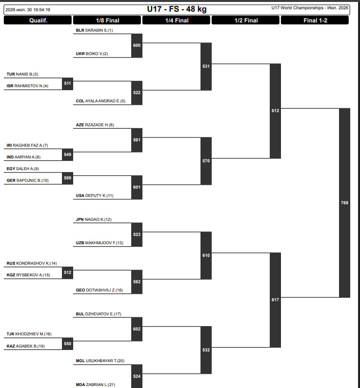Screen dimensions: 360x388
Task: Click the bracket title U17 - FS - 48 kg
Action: (177, 9)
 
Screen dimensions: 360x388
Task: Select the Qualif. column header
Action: (38, 20)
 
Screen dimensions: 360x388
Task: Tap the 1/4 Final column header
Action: (177, 20)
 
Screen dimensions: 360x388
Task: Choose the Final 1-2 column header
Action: (315, 20)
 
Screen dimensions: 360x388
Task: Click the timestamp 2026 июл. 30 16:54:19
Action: (28, 10)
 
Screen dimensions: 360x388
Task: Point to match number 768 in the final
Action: (344, 203)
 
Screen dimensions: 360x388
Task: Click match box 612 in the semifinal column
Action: (275, 111)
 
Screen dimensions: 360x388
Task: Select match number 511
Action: (67, 83)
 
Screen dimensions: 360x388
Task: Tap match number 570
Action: (206, 161)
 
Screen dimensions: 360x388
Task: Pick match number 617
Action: (275, 300)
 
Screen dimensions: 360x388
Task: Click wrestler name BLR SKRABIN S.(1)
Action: (94, 30)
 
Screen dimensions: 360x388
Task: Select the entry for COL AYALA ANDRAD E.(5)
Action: (100, 101)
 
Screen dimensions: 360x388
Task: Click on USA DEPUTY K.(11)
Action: (95, 195)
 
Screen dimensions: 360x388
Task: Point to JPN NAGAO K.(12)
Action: (94, 219)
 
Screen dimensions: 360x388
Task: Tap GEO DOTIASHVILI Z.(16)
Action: (100, 290)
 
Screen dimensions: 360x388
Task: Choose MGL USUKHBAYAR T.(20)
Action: (100, 361)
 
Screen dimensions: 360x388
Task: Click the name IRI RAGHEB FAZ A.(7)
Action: (27, 145)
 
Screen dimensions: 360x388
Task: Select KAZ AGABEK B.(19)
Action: (25, 346)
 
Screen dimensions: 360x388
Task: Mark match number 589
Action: (67, 178)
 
